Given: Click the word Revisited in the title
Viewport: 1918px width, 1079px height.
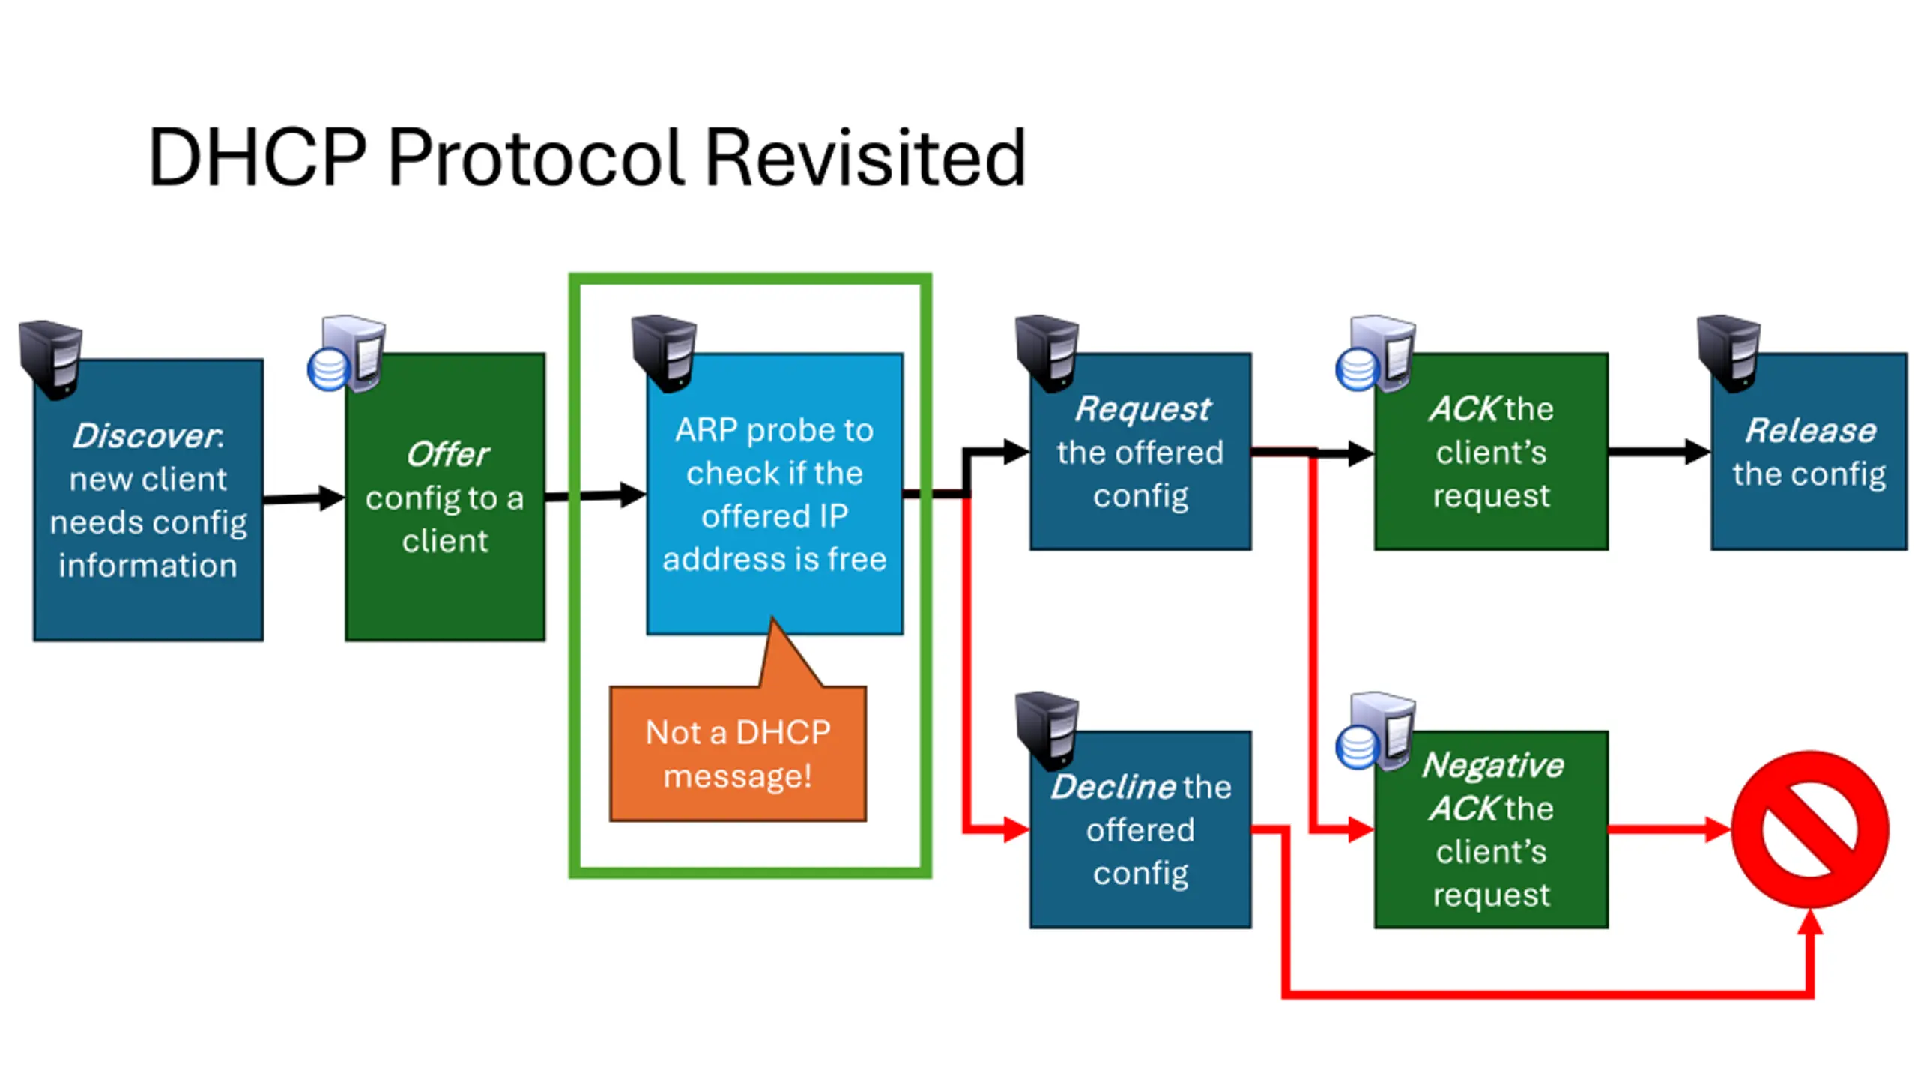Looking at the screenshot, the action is coord(865,157).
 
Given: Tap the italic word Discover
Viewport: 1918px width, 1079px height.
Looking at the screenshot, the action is coord(145,435).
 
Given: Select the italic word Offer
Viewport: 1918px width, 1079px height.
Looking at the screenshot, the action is coord(447,454).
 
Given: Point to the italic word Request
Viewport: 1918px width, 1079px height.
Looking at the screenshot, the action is coord(1143,409).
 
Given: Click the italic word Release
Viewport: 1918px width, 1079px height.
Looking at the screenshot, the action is coord(1811,430).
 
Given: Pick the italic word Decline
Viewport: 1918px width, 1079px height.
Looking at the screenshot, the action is coord(1113,787).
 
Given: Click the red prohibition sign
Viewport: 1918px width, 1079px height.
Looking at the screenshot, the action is coord(1810,829).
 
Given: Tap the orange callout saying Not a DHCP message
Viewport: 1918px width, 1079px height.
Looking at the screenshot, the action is coord(738,753).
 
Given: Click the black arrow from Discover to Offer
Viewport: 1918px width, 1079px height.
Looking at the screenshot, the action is coord(304,498).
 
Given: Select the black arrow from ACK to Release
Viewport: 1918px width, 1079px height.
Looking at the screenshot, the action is coord(1660,451).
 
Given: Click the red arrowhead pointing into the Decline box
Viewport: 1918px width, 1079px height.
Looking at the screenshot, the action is coord(1017,829).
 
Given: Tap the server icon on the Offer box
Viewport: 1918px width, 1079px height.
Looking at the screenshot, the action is coord(346,354).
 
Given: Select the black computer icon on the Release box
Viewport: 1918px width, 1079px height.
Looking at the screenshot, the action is coord(1728,354).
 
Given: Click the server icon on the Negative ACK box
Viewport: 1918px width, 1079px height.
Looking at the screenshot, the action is coord(1376,731).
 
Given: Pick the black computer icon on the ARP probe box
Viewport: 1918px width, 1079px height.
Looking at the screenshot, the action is coord(664,354).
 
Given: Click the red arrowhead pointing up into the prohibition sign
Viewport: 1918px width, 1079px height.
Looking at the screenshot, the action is coord(1810,922).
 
